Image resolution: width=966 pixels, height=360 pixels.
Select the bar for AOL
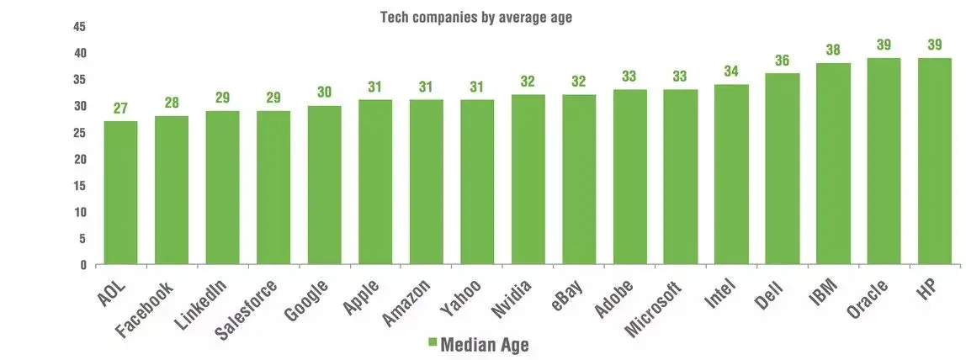click(x=121, y=193)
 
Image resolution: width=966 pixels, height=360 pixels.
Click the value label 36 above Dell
click(x=782, y=61)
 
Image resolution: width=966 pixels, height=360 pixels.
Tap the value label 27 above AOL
click(x=121, y=109)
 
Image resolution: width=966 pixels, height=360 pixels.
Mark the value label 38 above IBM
click(x=833, y=50)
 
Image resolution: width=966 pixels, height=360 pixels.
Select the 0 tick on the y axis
click(x=83, y=265)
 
